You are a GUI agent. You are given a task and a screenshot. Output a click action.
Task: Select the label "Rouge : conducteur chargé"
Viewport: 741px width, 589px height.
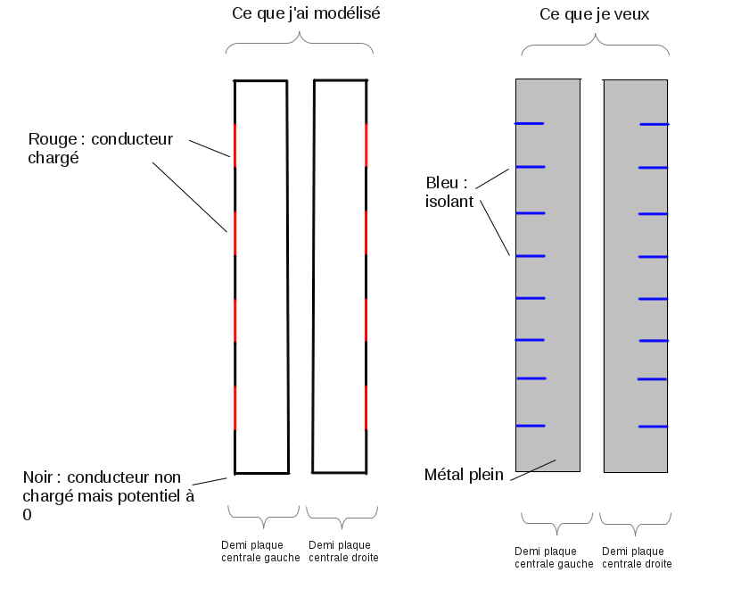tap(100, 148)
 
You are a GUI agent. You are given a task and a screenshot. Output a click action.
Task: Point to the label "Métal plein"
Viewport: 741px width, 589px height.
tap(464, 474)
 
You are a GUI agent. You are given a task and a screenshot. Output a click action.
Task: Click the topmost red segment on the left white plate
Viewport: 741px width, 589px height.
tap(235, 145)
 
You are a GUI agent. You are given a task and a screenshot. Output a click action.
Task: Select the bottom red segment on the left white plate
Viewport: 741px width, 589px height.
tap(235, 407)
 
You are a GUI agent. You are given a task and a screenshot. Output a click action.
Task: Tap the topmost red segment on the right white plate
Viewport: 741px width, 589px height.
tap(366, 145)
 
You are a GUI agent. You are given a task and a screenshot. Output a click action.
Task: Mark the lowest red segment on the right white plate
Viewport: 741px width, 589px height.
tap(366, 407)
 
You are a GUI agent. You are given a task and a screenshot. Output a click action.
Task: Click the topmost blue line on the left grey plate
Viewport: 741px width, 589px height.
tap(530, 123)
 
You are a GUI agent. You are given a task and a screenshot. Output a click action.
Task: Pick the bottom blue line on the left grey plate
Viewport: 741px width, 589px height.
tap(530, 426)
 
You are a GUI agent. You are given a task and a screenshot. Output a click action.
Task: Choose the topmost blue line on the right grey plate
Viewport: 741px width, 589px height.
tap(654, 124)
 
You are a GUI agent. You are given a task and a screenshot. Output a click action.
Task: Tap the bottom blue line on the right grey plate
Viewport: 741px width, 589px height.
tap(652, 427)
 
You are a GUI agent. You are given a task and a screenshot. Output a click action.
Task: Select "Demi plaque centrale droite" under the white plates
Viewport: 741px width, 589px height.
tap(342, 552)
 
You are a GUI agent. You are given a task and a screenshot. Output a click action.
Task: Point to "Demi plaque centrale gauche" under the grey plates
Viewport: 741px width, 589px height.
tap(554, 558)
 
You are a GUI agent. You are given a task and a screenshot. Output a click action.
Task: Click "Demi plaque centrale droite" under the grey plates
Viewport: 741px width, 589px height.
tap(637, 558)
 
